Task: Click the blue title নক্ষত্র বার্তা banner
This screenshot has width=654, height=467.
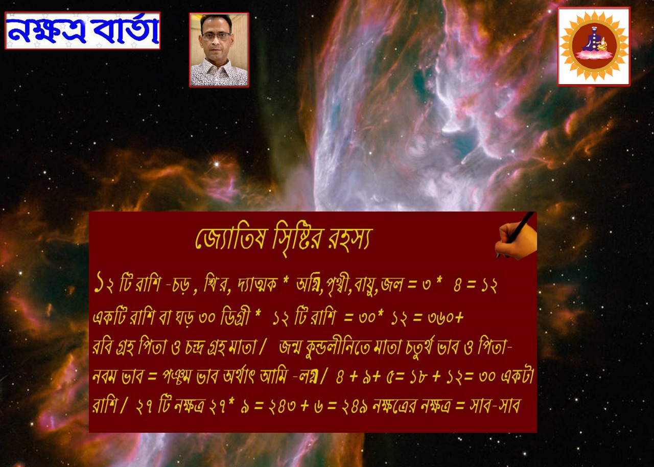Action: [x=83, y=31]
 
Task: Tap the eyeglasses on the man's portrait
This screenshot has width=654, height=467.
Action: [x=217, y=36]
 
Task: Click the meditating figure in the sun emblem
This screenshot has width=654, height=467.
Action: [x=594, y=42]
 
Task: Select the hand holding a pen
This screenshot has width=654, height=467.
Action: [x=516, y=236]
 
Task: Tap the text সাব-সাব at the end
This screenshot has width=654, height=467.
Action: [x=495, y=406]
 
